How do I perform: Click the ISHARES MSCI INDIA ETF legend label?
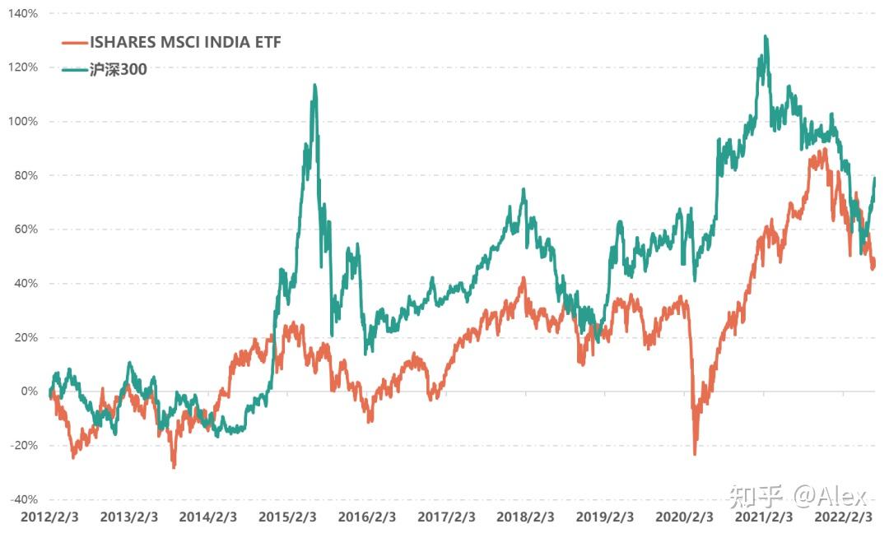tap(185, 43)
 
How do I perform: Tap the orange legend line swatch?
tap(75, 43)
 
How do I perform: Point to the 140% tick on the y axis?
tap(22, 14)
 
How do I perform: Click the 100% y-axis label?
tap(22, 122)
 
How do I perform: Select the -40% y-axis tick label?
tap(22, 499)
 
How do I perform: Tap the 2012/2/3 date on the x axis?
tap(49, 517)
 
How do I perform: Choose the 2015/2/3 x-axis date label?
tap(288, 517)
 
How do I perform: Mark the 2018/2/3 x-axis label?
tap(526, 517)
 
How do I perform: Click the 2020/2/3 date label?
tap(685, 517)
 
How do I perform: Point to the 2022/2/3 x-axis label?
tap(844, 517)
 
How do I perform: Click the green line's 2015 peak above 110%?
tap(314, 86)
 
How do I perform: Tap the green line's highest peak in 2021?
tap(766, 37)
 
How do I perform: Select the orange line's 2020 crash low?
tap(695, 452)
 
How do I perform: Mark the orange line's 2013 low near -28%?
tap(174, 466)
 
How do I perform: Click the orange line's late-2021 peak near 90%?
tap(824, 151)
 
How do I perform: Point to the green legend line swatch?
tap(75, 70)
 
